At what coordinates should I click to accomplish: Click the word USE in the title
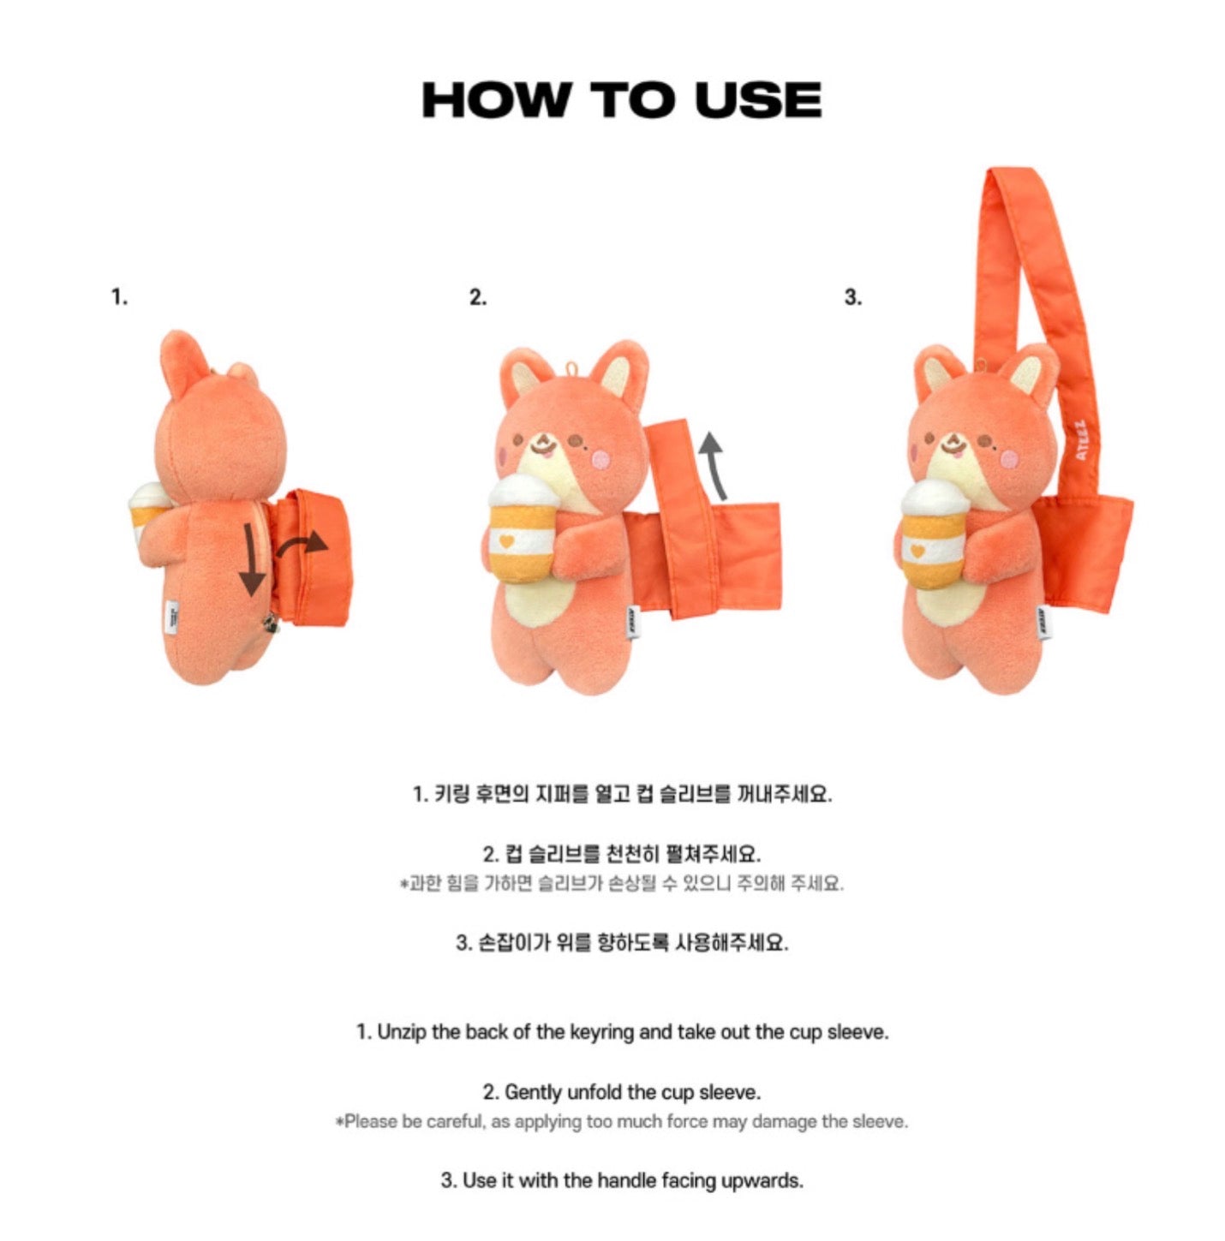[758, 100]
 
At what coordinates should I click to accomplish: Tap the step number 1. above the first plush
[120, 297]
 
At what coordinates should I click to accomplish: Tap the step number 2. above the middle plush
[477, 297]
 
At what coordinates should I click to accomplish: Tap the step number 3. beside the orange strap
[852, 297]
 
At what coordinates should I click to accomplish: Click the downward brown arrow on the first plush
[250, 559]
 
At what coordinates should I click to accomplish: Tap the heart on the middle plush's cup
[506, 541]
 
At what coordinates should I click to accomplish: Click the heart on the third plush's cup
[917, 552]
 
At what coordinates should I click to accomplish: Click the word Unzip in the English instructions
[402, 1033]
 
